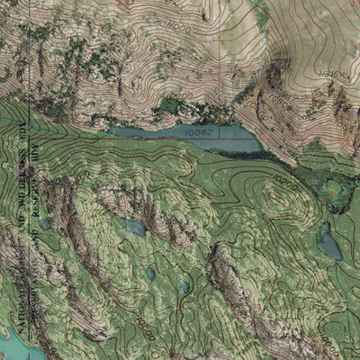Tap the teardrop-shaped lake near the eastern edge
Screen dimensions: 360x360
click(x=329, y=244)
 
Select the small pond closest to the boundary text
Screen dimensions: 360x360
click(x=44, y=223)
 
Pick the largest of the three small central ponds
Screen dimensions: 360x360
click(x=135, y=228)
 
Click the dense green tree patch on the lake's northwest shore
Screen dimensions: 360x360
click(x=166, y=106)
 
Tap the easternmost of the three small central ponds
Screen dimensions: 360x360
click(x=184, y=287)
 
